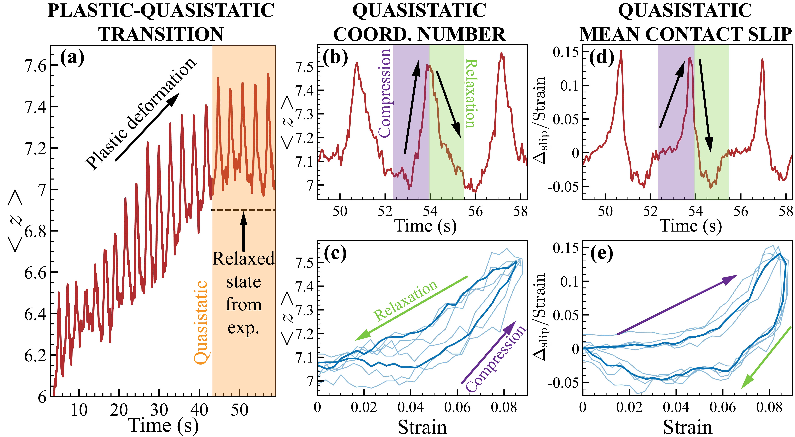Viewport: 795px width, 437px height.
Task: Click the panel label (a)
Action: tap(72, 58)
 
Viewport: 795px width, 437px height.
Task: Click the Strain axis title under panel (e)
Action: tap(688, 427)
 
